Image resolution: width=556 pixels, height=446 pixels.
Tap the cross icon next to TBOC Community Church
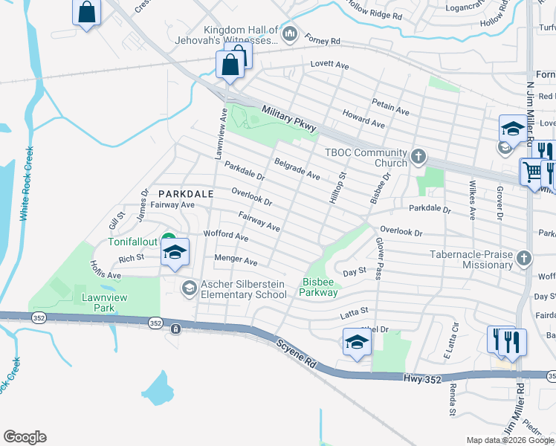pyautogui.click(x=418, y=158)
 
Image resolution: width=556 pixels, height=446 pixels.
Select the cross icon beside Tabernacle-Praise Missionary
pyautogui.click(x=525, y=259)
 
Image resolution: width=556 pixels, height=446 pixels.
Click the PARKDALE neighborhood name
pyautogui.click(x=184, y=194)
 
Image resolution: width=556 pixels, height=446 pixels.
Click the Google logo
pyautogui.click(x=25, y=437)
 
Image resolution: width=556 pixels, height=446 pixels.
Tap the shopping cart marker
pyautogui.click(x=532, y=172)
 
